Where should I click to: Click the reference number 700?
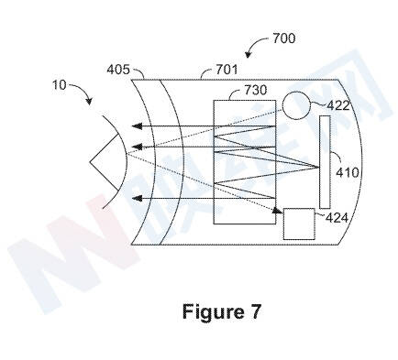coord(283,38)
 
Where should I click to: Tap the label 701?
coord(227,70)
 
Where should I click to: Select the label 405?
coord(118,70)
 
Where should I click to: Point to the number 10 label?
coord(59,84)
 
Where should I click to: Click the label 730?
coord(255,90)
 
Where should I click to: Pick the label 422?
coord(337,105)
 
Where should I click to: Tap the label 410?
coord(347,173)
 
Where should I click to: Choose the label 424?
coord(337,218)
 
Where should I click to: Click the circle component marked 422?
coord(296,105)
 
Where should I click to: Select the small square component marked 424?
coord(299,224)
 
